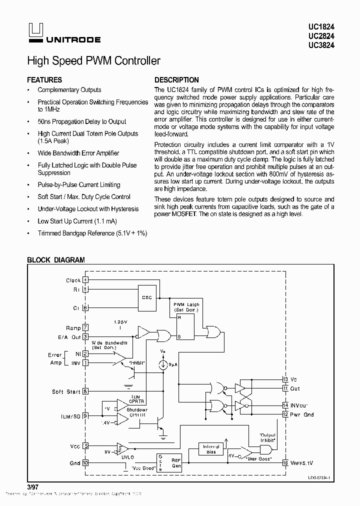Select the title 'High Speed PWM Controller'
coord(93,61)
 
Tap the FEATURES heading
coord(44,80)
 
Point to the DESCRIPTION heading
coord(176,80)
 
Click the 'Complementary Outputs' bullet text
coord(69,90)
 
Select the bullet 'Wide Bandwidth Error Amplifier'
coord(78,153)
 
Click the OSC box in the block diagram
coord(146,297)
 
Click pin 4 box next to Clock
coord(86,280)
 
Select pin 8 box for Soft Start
coord(86,391)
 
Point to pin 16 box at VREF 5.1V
coord(285,463)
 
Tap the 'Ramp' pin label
coord(73,328)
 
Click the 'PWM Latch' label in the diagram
coord(186,304)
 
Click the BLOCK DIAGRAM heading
coord(55,260)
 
